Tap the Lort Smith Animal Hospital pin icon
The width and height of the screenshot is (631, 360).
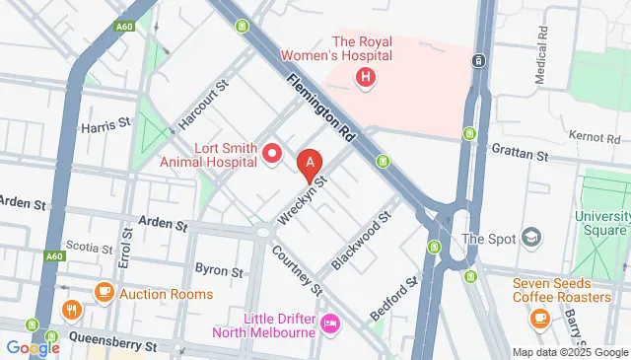click(x=273, y=154)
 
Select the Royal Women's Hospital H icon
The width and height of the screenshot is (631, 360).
click(x=367, y=76)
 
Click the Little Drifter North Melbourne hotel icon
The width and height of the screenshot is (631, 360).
click(x=330, y=323)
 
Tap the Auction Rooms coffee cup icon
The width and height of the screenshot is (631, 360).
click(x=105, y=293)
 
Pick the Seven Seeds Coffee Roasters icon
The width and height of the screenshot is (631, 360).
click(x=539, y=318)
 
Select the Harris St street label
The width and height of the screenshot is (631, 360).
click(x=106, y=125)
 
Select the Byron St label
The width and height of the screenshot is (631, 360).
click(x=218, y=269)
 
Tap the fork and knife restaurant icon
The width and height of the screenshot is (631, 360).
click(x=70, y=310)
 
